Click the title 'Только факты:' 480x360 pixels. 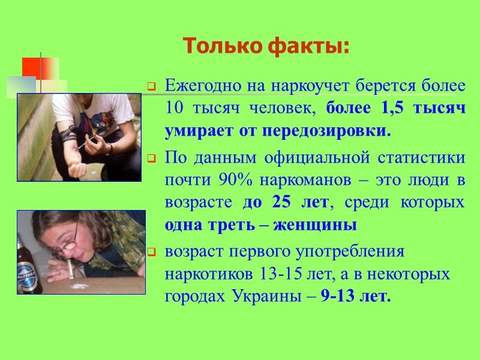point(266,46)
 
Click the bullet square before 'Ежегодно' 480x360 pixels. point(152,86)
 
